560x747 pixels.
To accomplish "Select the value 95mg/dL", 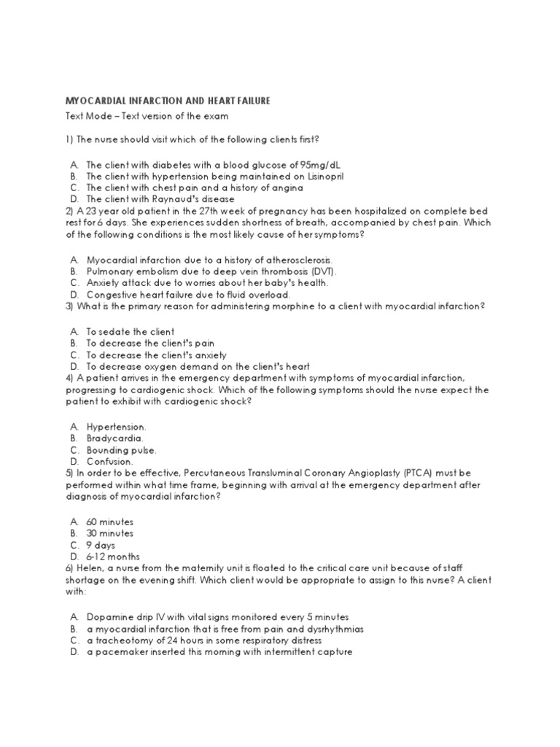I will pyautogui.click(x=315, y=165).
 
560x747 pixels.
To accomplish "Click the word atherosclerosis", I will pyautogui.click(x=289, y=260).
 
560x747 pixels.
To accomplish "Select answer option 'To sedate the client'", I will pyautogui.click(x=130, y=331).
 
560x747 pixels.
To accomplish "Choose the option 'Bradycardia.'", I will pyautogui.click(x=114, y=439).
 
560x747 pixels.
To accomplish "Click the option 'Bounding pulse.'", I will pyautogui.click(x=121, y=450).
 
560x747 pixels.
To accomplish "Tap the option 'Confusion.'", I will pyautogui.click(x=110, y=462).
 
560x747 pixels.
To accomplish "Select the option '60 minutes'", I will pyautogui.click(x=110, y=522).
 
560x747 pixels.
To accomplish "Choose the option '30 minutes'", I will pyautogui.click(x=110, y=533).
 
